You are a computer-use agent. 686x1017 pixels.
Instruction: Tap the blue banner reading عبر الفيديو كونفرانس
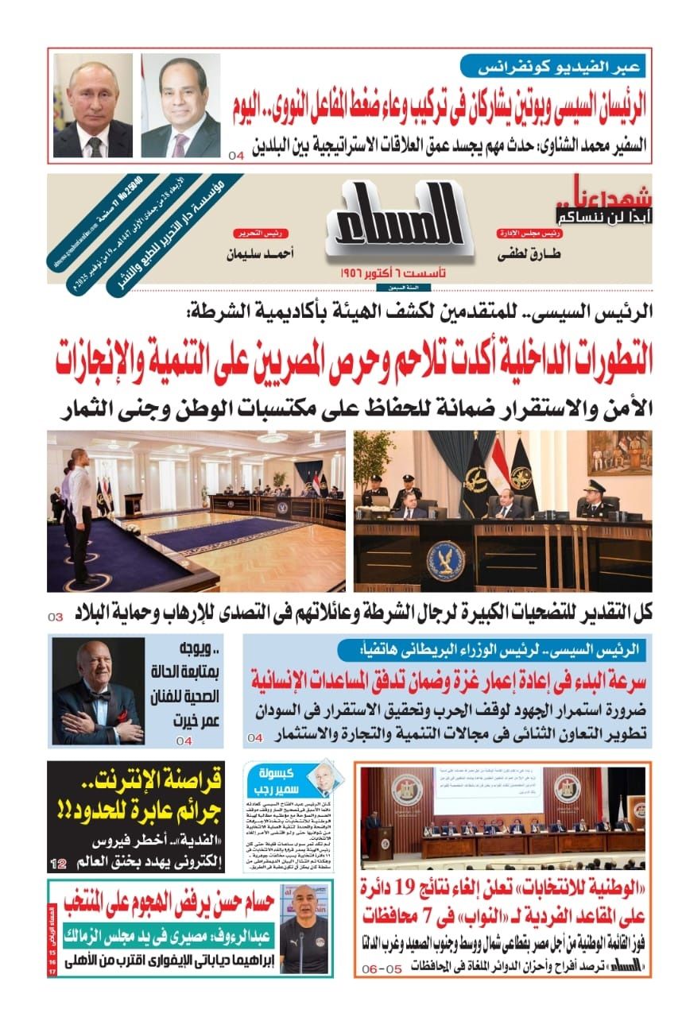[x=556, y=67]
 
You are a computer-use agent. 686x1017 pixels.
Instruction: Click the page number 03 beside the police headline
[x=56, y=617]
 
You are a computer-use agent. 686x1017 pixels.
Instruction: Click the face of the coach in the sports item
[x=302, y=911]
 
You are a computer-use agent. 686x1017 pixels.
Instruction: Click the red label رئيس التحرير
[x=250, y=234]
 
